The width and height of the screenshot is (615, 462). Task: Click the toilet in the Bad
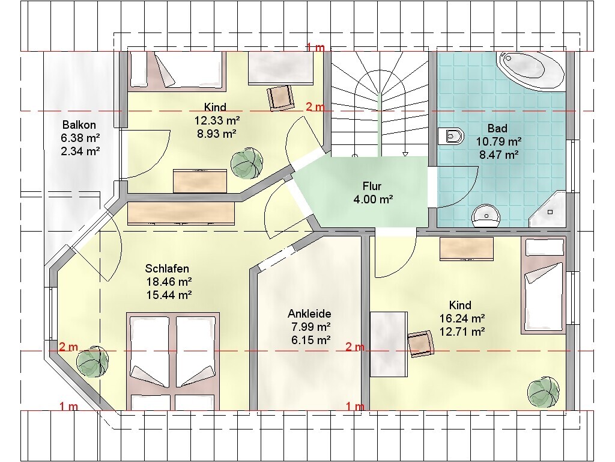coord(450,137)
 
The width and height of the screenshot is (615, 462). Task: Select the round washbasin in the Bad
coord(486,215)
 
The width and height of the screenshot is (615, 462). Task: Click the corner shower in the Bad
coord(548,209)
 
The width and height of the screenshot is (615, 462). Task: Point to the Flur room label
coord(372,186)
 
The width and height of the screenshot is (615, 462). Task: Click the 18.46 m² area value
coord(169,282)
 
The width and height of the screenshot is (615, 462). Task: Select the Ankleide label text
coord(309,313)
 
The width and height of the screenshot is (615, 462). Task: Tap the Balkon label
coord(79,125)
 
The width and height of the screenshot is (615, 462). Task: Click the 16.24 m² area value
coord(462,318)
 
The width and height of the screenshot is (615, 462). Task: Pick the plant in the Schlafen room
coord(92,362)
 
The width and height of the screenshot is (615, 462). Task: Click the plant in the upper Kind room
coord(246,164)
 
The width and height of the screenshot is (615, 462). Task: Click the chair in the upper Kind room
coord(280,97)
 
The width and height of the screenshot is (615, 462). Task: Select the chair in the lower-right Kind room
coord(421,343)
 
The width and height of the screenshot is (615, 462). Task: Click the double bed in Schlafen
coord(173,362)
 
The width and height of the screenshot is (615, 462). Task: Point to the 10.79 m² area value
coord(499,141)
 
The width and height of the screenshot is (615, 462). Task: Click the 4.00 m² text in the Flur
coord(374,199)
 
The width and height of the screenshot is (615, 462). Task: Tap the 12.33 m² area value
coord(217,120)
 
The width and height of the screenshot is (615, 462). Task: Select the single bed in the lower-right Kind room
coord(544,286)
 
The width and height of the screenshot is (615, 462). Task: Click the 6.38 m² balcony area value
coord(80,138)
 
